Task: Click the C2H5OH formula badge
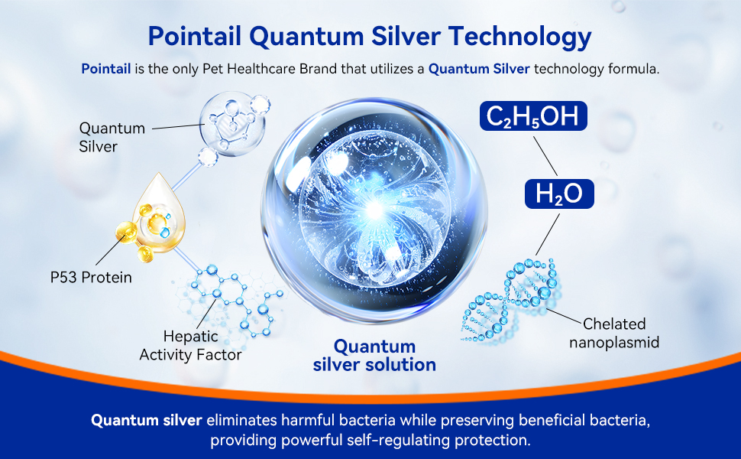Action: (533, 116)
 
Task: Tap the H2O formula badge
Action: (559, 194)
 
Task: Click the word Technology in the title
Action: (519, 37)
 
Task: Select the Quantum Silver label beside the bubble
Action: (112, 137)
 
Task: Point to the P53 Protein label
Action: (91, 277)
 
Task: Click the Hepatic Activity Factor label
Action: (190, 346)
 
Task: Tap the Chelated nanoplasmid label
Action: (614, 333)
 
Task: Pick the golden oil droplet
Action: (158, 213)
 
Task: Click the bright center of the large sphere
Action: (375, 209)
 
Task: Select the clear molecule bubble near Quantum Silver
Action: (231, 125)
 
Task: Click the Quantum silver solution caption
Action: (374, 356)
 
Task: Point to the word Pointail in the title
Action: (195, 36)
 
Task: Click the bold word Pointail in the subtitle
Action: (106, 69)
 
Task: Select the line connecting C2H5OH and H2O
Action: (545, 156)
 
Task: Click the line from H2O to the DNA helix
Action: (548, 235)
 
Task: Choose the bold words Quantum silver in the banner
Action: (147, 420)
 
